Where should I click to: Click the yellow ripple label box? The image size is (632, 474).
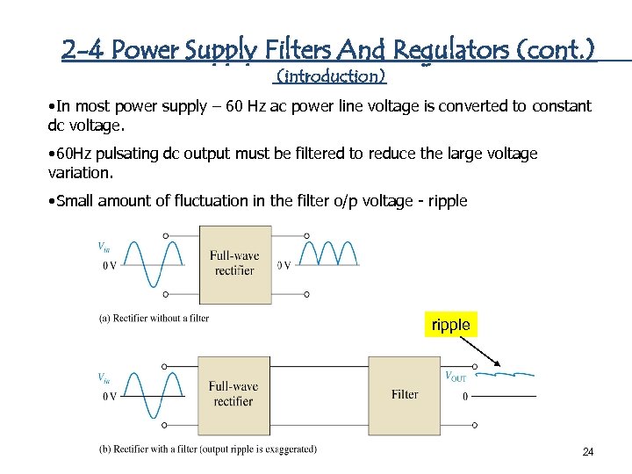[450, 325]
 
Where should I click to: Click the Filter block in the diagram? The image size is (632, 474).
[405, 394]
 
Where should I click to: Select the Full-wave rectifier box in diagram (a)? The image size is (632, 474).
[234, 262]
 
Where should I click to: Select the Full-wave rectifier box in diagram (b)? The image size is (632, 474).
[233, 393]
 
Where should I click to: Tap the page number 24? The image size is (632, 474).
[588, 452]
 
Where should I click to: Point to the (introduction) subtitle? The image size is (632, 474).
[330, 76]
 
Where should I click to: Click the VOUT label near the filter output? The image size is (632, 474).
[456, 377]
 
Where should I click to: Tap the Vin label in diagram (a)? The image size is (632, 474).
[104, 248]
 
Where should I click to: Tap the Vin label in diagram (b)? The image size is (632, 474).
[104, 378]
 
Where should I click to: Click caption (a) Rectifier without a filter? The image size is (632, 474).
[154, 318]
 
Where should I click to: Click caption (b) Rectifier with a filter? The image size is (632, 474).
[207, 449]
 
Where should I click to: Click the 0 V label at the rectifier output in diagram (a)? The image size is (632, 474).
[284, 265]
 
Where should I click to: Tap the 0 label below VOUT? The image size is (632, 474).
[465, 397]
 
